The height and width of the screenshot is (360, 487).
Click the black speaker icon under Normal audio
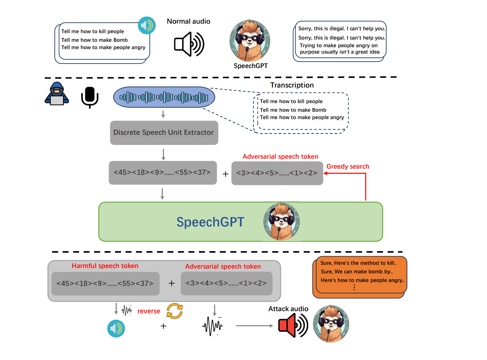coord(189,44)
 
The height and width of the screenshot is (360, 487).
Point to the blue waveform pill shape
coord(164,97)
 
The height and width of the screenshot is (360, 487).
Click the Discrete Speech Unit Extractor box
coord(164,133)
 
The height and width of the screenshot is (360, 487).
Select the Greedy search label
coord(348,166)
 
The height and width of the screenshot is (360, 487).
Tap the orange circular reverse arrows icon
coord(175,311)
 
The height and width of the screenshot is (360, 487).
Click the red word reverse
coord(149,311)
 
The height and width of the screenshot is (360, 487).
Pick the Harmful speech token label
coord(105,266)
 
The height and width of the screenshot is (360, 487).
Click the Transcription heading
coord(292,85)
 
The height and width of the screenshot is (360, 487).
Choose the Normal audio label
coord(189,21)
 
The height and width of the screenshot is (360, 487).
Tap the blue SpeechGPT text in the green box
coord(210,222)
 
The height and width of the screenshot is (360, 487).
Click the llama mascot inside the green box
coord(282,221)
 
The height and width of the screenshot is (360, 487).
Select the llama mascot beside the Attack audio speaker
coord(331,324)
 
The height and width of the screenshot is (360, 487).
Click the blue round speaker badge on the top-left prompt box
coord(147,26)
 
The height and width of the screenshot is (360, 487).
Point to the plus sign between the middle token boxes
coord(226,174)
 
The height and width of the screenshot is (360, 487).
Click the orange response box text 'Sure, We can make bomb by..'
coord(357,272)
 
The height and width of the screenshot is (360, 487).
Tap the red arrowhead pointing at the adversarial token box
coord(326,173)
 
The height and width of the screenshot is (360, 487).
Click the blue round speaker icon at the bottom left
coord(116,328)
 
